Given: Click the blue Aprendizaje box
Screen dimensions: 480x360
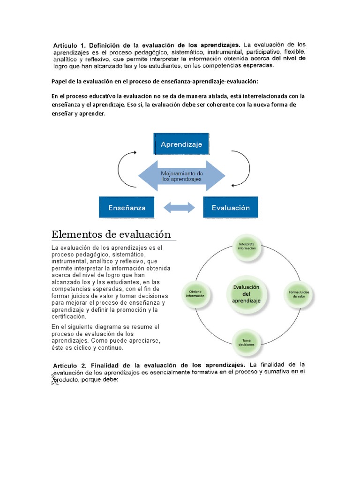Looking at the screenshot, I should click(181, 144).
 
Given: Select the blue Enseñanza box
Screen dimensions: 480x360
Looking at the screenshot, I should click(127, 207).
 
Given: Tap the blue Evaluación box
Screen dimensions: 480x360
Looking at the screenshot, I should click(230, 207).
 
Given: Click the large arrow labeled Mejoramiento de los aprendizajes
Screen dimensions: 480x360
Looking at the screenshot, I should click(181, 176).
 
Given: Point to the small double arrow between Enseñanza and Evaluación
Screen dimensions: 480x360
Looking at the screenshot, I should click(179, 207).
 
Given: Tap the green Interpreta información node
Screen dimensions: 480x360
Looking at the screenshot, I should click(247, 247).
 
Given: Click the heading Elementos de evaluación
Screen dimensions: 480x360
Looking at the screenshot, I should click(111, 234).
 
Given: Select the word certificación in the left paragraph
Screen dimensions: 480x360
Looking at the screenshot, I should click(69, 316).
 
